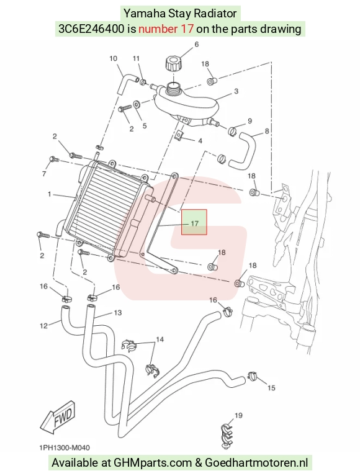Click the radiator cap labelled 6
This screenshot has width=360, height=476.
[174, 63]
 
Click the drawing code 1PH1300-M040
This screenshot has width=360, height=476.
[65, 447]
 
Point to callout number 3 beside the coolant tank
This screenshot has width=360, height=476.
[236, 91]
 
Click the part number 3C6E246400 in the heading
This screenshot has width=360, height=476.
[91, 29]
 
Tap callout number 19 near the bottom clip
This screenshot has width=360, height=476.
[238, 415]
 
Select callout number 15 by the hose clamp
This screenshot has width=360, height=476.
[271, 388]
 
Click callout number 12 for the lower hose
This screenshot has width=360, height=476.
[43, 326]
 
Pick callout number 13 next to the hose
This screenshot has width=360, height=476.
[117, 312]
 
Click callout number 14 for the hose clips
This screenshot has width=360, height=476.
[160, 339]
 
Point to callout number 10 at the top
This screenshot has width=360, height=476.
[113, 58]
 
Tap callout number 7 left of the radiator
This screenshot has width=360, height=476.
[44, 174]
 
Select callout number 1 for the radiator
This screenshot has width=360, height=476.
[50, 194]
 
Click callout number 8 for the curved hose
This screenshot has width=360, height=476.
[267, 131]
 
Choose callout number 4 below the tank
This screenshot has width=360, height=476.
[200, 141]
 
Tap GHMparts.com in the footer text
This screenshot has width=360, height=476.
[153, 462]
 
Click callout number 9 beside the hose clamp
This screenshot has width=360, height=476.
[250, 121]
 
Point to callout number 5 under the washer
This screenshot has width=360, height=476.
[145, 126]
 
